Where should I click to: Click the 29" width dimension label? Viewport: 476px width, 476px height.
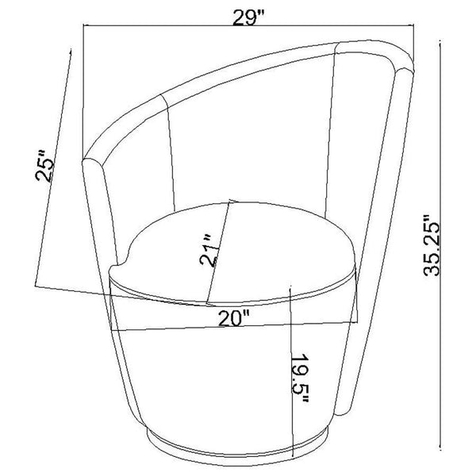(248, 18)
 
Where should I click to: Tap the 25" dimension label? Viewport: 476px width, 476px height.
(44, 166)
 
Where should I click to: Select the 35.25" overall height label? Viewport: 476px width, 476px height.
(432, 245)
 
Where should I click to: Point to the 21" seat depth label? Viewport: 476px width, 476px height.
(209, 250)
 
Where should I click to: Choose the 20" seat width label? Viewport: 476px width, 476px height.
(233, 318)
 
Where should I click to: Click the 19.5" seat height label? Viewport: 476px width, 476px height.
(300, 379)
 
